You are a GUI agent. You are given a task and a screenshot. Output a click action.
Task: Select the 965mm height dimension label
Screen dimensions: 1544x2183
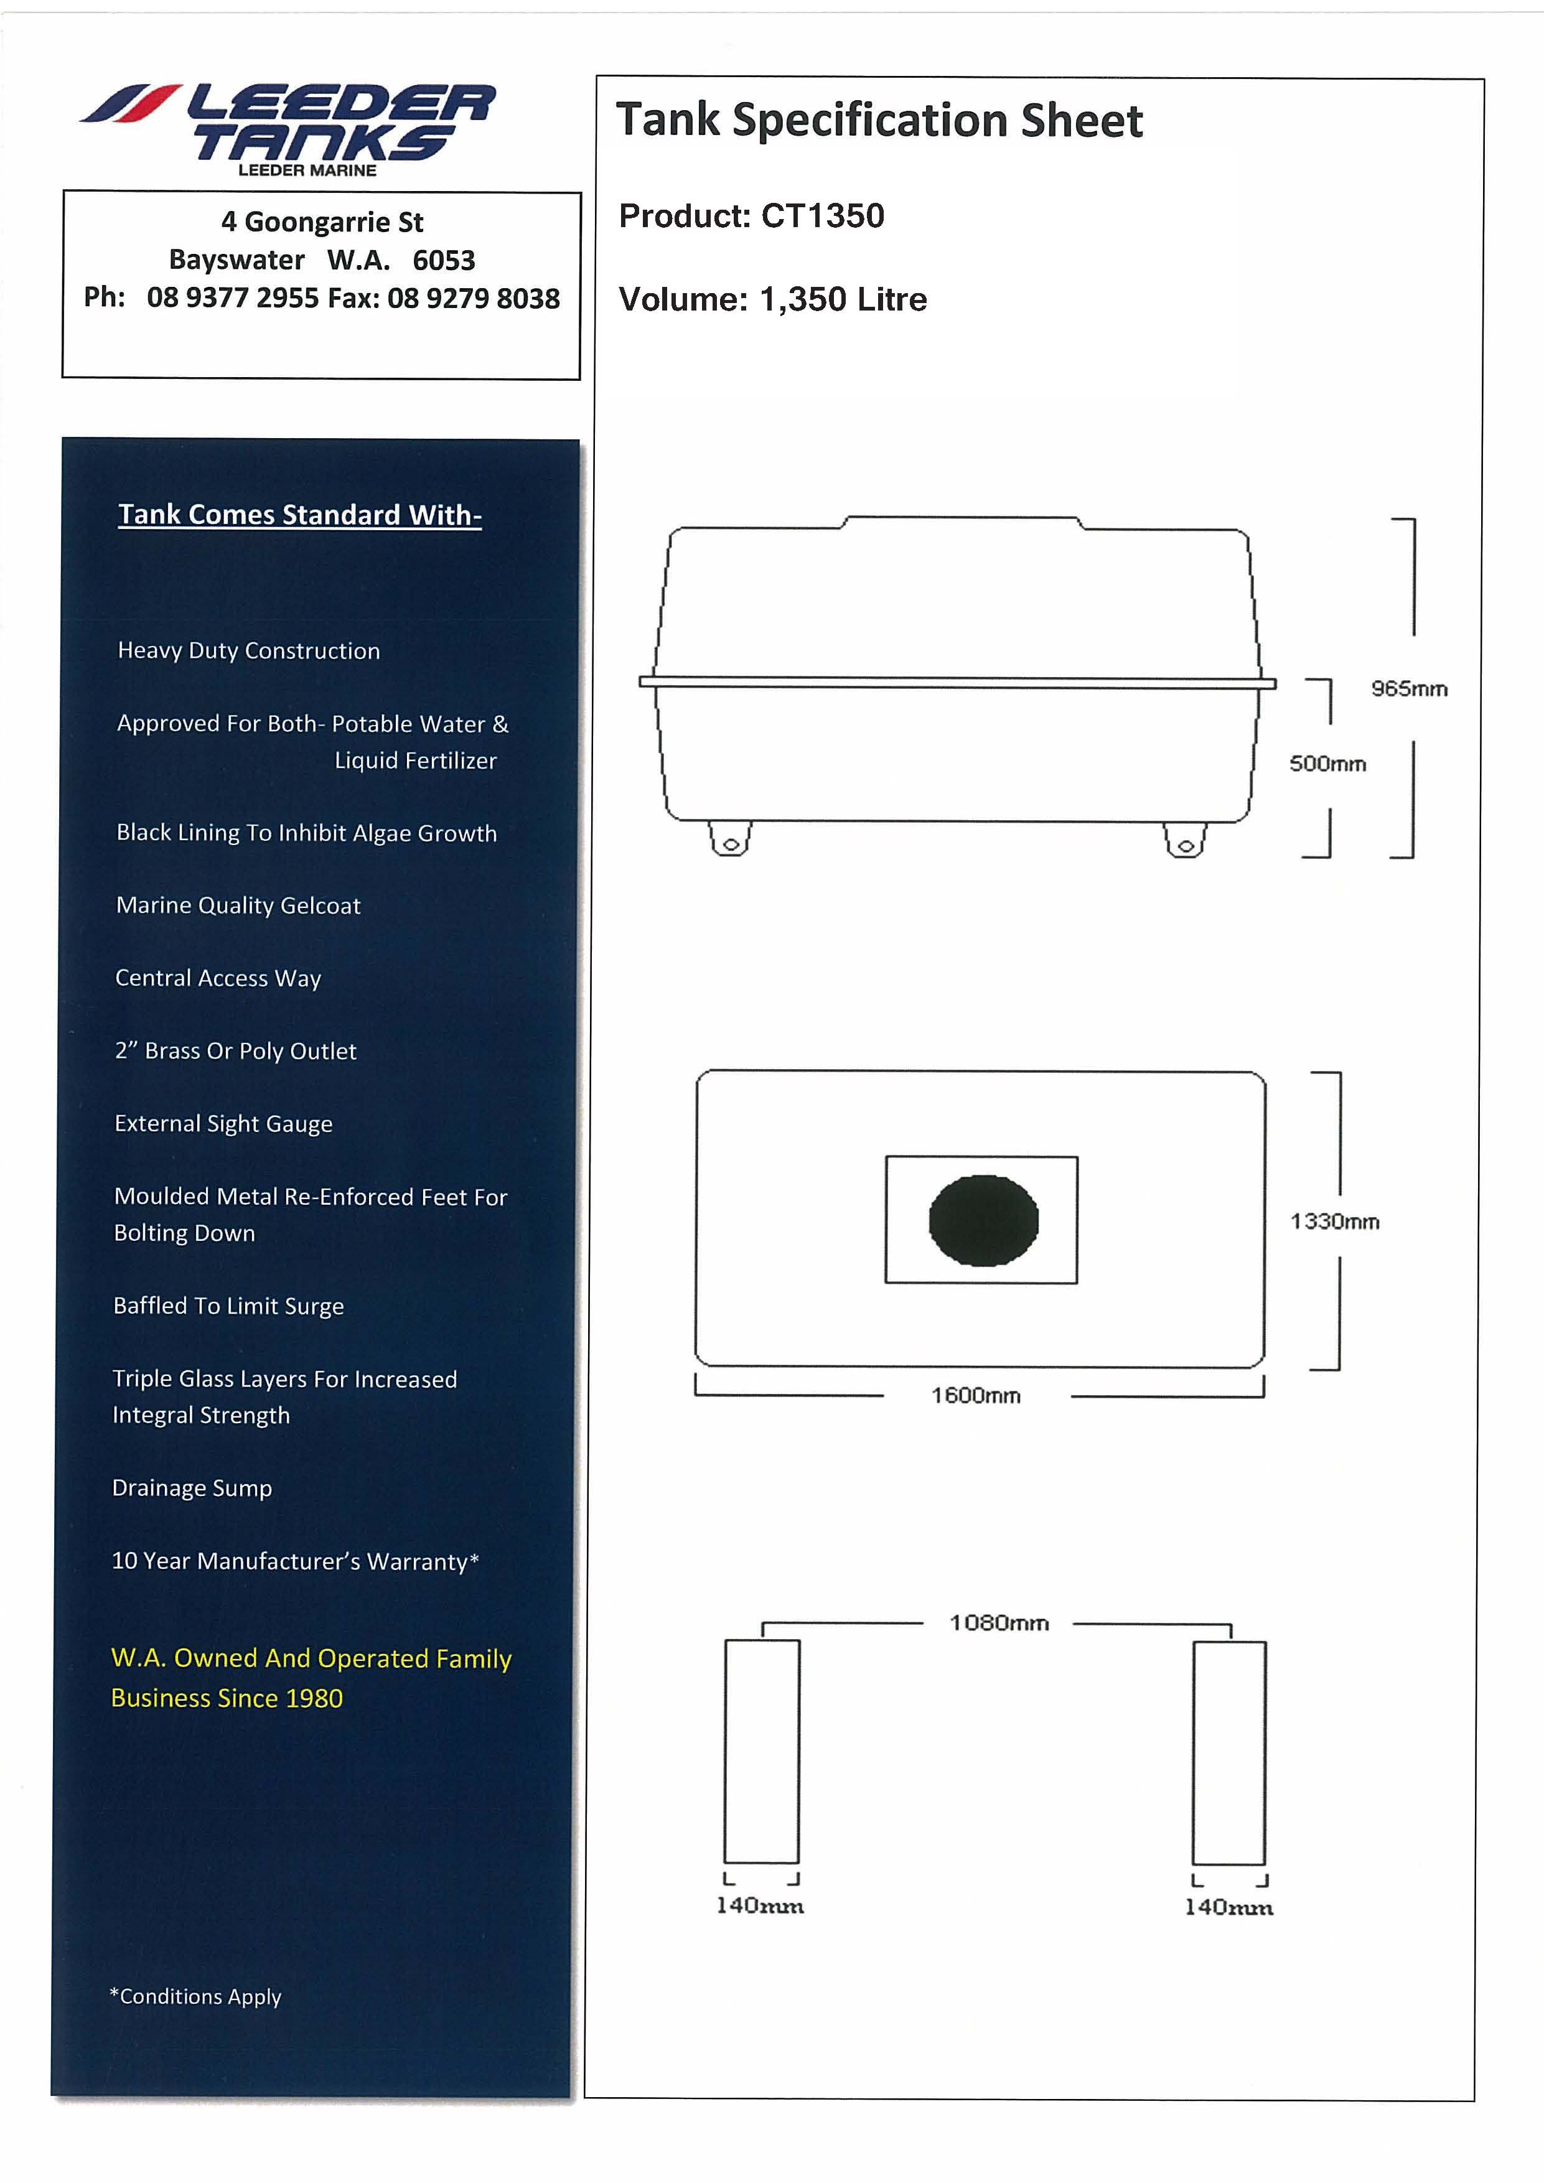1409,688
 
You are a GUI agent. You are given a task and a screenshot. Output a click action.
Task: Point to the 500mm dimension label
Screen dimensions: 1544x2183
1327,764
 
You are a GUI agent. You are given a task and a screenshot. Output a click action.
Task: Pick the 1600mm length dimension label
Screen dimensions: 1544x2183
975,1396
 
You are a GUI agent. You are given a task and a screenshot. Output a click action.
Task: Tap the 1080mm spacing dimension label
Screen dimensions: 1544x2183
999,1623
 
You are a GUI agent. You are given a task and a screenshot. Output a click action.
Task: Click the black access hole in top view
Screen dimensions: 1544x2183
983,1221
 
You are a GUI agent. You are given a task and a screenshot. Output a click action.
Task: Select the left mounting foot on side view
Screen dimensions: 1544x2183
730,839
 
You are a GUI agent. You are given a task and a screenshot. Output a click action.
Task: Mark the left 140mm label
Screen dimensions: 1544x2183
760,1905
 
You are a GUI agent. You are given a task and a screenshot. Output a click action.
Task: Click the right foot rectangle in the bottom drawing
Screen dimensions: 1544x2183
1229,1752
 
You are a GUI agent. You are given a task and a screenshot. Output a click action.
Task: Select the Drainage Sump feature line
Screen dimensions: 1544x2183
192,1488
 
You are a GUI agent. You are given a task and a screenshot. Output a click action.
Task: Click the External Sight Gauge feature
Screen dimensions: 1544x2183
223,1124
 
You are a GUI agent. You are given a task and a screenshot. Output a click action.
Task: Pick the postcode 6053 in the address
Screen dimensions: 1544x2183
444,261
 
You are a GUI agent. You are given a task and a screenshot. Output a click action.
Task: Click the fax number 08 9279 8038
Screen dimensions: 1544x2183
474,299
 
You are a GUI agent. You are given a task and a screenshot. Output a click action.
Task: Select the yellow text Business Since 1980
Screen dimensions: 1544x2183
227,1698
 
